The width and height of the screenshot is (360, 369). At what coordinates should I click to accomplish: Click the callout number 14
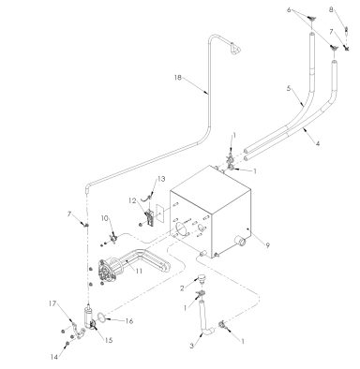(x=52, y=358)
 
